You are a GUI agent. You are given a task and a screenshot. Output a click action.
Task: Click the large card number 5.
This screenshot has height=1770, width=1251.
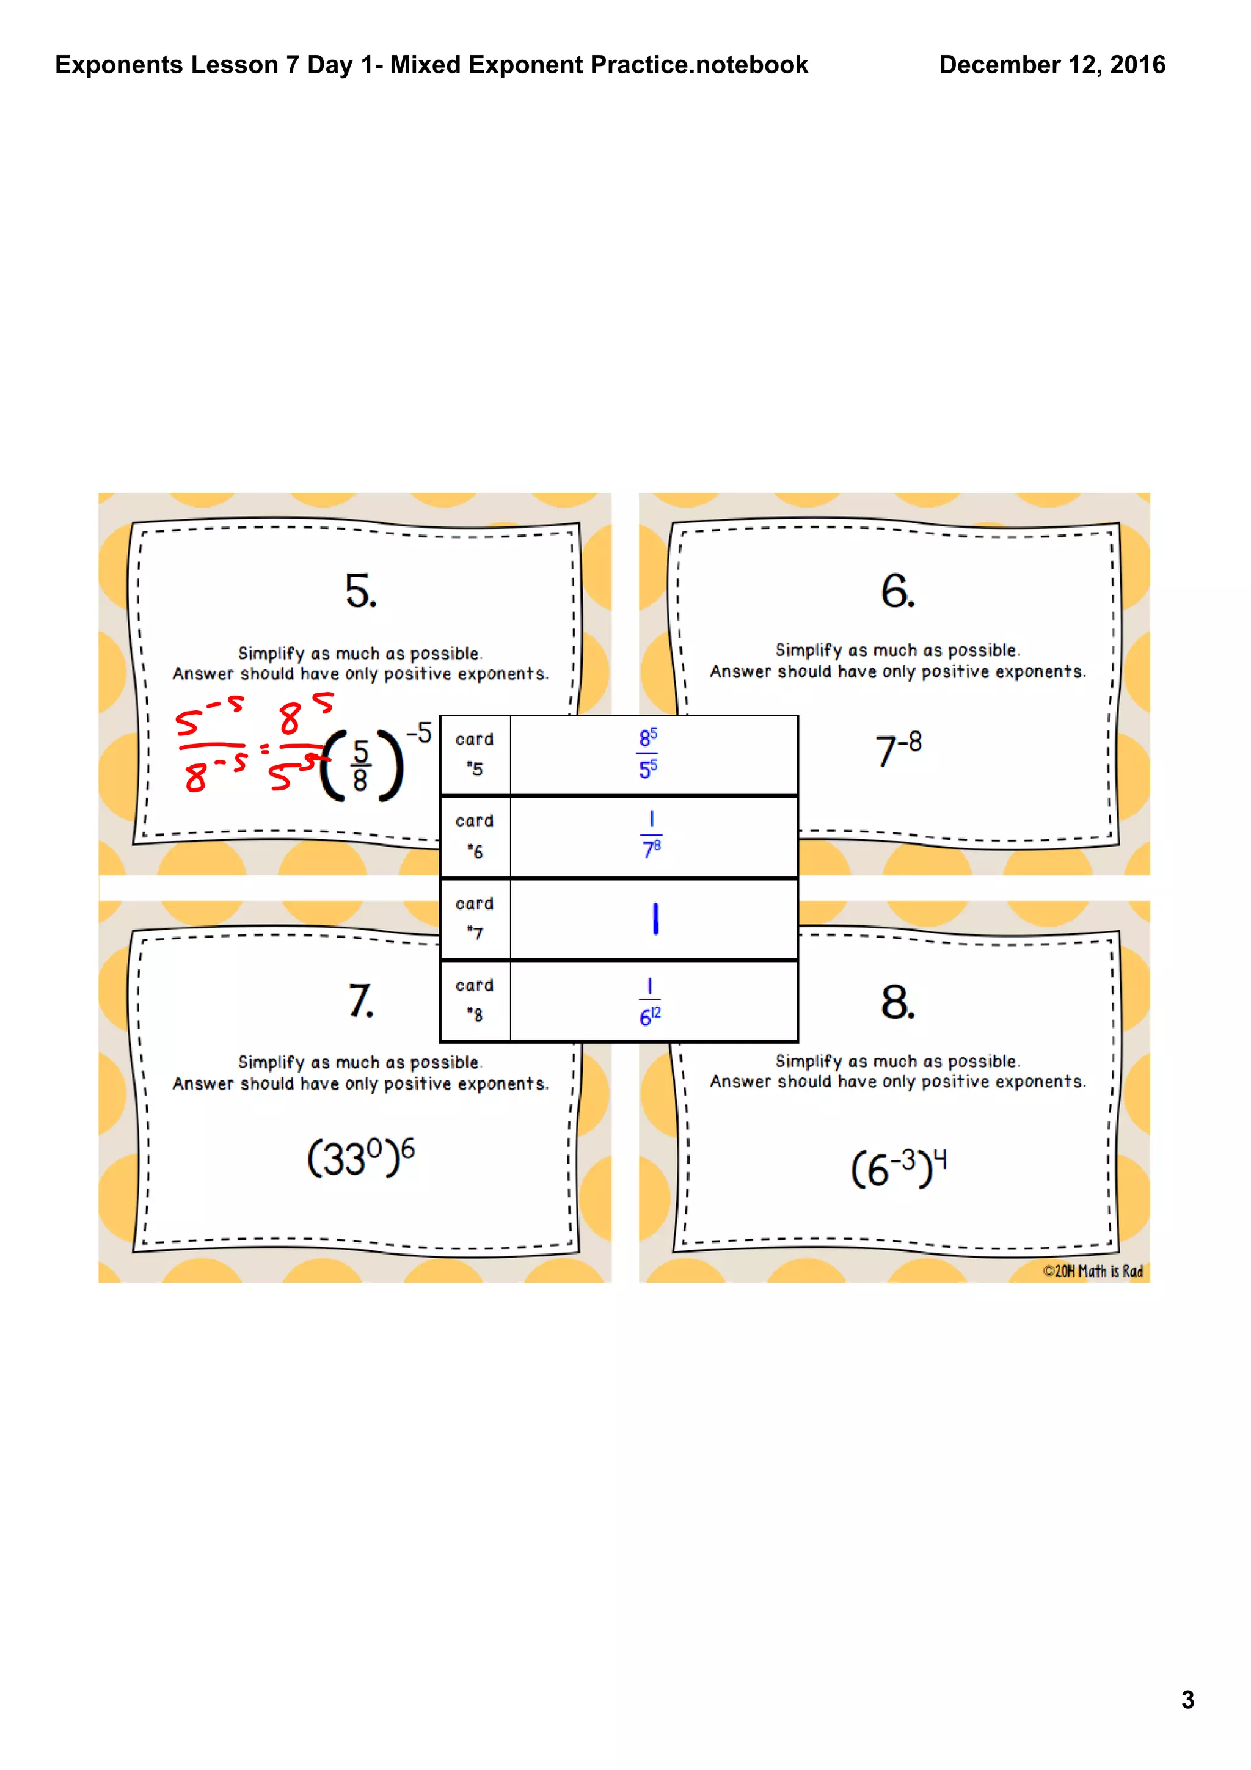click(360, 591)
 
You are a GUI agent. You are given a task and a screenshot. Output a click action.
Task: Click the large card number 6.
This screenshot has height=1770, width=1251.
click(897, 591)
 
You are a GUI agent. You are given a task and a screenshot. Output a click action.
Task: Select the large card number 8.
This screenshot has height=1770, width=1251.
click(897, 1002)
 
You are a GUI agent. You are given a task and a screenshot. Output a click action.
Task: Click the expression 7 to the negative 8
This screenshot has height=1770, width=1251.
click(898, 749)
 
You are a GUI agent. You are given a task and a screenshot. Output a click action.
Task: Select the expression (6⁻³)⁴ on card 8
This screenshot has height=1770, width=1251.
click(898, 1168)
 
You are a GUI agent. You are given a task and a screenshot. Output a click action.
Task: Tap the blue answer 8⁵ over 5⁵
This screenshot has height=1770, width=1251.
click(647, 753)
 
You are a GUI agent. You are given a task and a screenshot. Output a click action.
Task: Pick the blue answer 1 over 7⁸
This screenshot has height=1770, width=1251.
click(651, 836)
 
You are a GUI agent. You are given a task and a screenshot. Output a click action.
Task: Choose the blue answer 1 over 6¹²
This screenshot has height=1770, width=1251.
click(650, 1002)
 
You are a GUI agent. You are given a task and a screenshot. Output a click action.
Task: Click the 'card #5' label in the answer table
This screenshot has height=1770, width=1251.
click(474, 753)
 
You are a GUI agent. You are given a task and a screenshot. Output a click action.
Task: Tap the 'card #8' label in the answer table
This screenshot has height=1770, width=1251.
click(474, 1000)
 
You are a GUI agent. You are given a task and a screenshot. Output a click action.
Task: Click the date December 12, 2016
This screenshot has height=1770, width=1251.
click(1051, 65)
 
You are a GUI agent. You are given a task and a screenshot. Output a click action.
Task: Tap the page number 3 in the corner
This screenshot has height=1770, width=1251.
click(1187, 1700)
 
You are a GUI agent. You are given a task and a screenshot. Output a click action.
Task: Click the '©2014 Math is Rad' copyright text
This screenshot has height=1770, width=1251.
click(1092, 1271)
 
